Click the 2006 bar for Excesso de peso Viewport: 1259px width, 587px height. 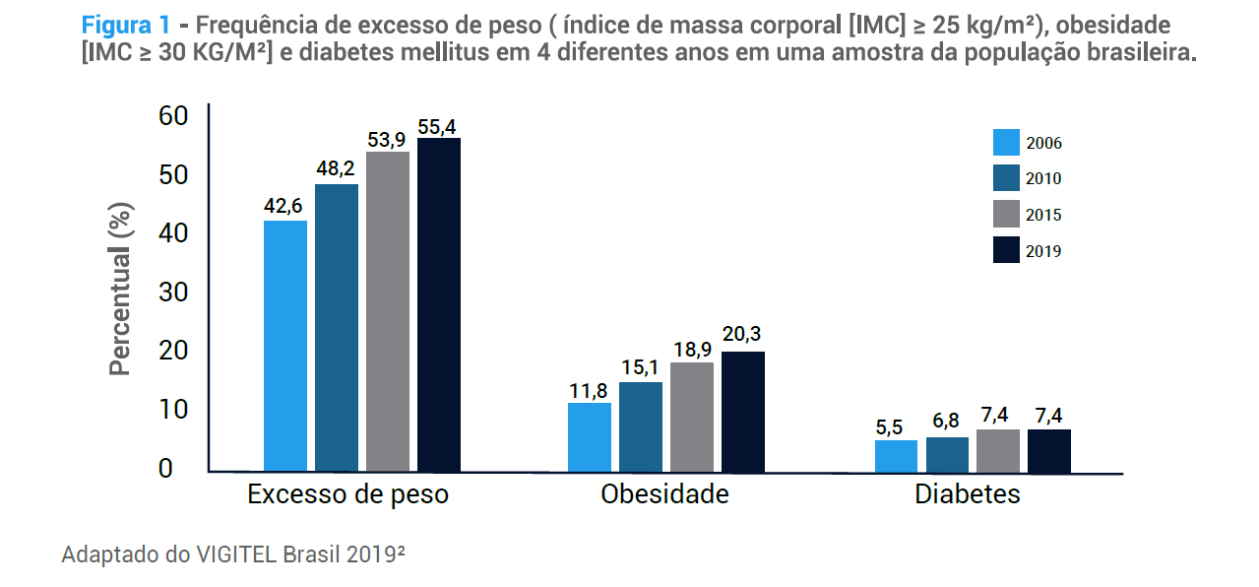285,346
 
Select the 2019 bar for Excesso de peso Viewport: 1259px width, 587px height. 439,304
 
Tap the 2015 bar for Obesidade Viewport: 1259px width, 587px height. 692,417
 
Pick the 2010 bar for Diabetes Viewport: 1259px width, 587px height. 947,454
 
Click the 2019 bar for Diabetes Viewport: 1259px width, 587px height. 1049,450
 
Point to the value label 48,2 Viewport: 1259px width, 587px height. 337,168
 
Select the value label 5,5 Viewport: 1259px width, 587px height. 896,425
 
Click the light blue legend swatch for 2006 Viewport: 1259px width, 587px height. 1006,143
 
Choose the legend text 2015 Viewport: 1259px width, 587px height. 1043,216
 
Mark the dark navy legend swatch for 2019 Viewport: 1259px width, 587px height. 1006,250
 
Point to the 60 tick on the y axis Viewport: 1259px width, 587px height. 172,116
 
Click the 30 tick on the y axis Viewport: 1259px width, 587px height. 172,293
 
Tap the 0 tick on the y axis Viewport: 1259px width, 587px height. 165,469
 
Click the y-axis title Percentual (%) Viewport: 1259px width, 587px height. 119,293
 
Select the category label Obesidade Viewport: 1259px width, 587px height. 664,494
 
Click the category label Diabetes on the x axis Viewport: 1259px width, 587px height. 968,494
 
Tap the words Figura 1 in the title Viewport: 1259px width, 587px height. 126,25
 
